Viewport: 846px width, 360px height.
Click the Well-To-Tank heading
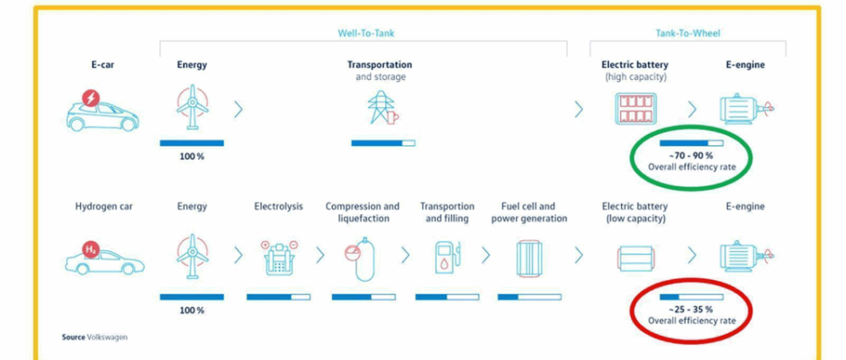click(365, 33)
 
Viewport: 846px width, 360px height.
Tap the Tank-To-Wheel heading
click(688, 33)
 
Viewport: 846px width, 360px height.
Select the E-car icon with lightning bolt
click(102, 111)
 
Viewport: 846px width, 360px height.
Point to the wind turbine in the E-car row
click(192, 107)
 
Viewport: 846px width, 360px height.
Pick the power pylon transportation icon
click(382, 107)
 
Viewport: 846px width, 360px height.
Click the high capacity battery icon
click(635, 109)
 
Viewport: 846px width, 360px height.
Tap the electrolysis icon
click(278, 258)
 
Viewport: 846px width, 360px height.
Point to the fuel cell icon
click(530, 259)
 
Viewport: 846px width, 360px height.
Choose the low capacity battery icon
click(635, 259)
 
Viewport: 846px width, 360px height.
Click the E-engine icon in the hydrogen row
click(747, 256)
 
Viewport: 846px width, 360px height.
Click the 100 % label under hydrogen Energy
click(192, 310)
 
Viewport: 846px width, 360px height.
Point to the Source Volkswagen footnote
click(94, 337)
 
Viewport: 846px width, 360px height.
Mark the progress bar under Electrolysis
click(278, 297)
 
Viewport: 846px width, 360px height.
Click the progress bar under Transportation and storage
click(383, 143)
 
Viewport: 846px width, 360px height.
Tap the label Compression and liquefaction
click(362, 212)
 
